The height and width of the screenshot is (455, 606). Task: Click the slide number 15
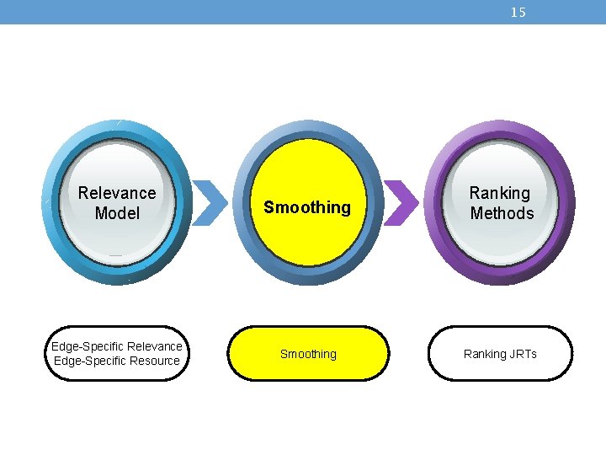[x=518, y=13]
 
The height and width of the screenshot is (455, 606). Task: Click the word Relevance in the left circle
[x=117, y=194]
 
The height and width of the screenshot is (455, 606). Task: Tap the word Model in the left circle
[x=117, y=214]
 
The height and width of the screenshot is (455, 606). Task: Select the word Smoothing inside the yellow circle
[x=307, y=207]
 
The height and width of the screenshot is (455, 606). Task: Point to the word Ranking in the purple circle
[x=500, y=194]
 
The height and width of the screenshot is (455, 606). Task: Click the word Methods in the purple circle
[x=502, y=214]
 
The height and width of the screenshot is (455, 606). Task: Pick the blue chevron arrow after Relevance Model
[x=210, y=203]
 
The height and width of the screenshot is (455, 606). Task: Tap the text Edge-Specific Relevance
[x=117, y=346]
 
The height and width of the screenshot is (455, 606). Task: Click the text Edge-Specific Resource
[x=117, y=361]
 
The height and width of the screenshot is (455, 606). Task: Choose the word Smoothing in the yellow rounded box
[x=308, y=355]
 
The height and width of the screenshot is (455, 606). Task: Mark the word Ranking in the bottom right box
[x=485, y=355]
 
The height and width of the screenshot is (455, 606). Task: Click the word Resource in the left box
[x=152, y=361]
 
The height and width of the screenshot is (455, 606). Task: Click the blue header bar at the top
[x=252, y=12]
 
